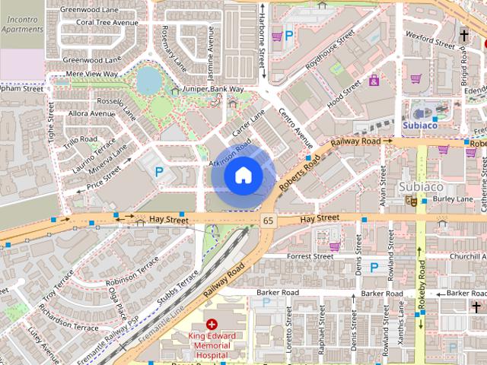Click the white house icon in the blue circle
[x=243, y=176]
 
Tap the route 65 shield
[x=268, y=221]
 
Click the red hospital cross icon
[x=212, y=324]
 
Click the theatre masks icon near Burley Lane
[x=411, y=201]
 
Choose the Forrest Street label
[x=310, y=256]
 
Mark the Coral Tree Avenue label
[x=107, y=23]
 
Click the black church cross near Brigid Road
[x=463, y=36]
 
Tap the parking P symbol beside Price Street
[x=159, y=173]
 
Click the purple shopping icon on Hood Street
[x=374, y=81]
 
